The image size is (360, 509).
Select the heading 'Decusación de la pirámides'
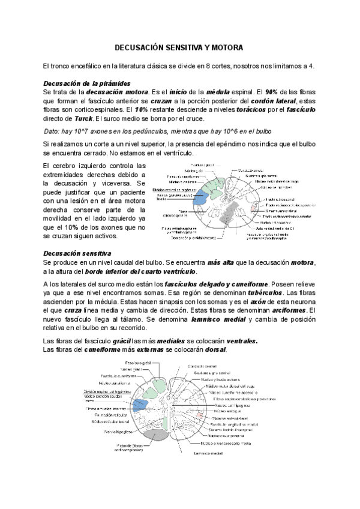pos(88,83)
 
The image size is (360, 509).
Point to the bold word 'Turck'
pos(79,119)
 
